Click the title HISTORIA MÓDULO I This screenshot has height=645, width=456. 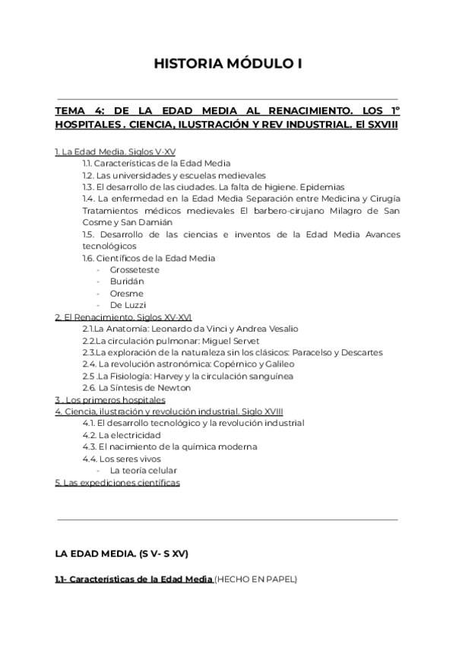click(228, 64)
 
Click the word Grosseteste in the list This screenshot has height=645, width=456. click(135, 270)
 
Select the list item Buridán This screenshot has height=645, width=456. click(126, 281)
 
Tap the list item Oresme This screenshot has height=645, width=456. click(126, 294)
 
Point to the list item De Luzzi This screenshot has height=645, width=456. click(126, 305)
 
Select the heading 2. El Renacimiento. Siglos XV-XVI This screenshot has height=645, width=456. click(123, 316)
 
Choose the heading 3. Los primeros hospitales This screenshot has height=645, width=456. click(110, 399)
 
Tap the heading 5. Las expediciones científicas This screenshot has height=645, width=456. click(117, 482)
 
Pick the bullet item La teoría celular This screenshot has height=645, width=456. click(144, 470)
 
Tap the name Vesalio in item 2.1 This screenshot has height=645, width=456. click(283, 329)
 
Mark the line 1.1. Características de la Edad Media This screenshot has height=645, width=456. click(157, 164)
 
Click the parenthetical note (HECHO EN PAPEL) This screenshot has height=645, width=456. click(256, 580)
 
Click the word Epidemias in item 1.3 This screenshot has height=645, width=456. click(322, 187)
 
